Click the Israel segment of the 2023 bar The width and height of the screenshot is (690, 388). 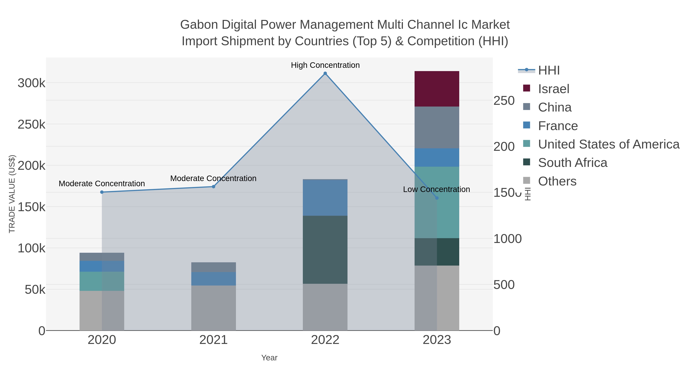pyautogui.click(x=437, y=89)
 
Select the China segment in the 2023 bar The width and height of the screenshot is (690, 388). pyautogui.click(x=437, y=127)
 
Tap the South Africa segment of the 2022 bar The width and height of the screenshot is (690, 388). pyautogui.click(x=325, y=249)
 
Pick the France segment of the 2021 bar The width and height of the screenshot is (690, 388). pyautogui.click(x=214, y=279)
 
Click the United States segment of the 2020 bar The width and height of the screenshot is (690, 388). pyautogui.click(x=102, y=281)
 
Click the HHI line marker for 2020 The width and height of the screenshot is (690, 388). pyautogui.click(x=102, y=192)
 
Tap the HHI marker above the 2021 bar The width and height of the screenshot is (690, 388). pyautogui.click(x=214, y=187)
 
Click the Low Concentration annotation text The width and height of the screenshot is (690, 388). pyautogui.click(x=436, y=189)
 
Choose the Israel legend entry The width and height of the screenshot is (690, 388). pyautogui.click(x=553, y=89)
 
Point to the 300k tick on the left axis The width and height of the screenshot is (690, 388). pyautogui.click(x=31, y=83)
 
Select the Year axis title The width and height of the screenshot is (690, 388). pyautogui.click(x=269, y=358)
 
